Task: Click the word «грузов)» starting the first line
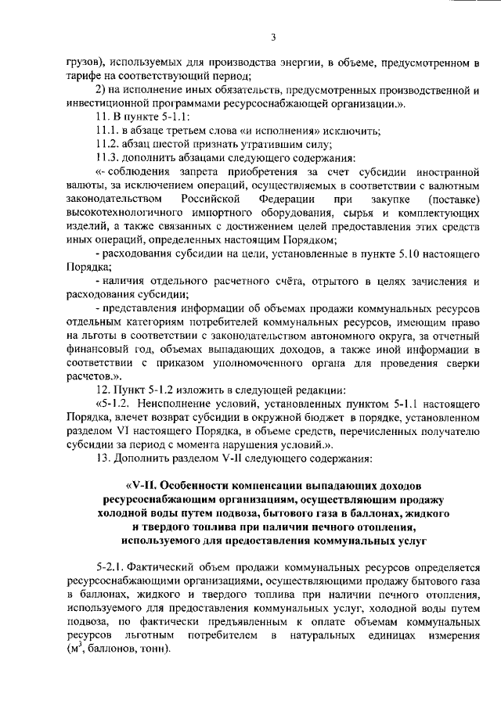click(84, 61)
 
